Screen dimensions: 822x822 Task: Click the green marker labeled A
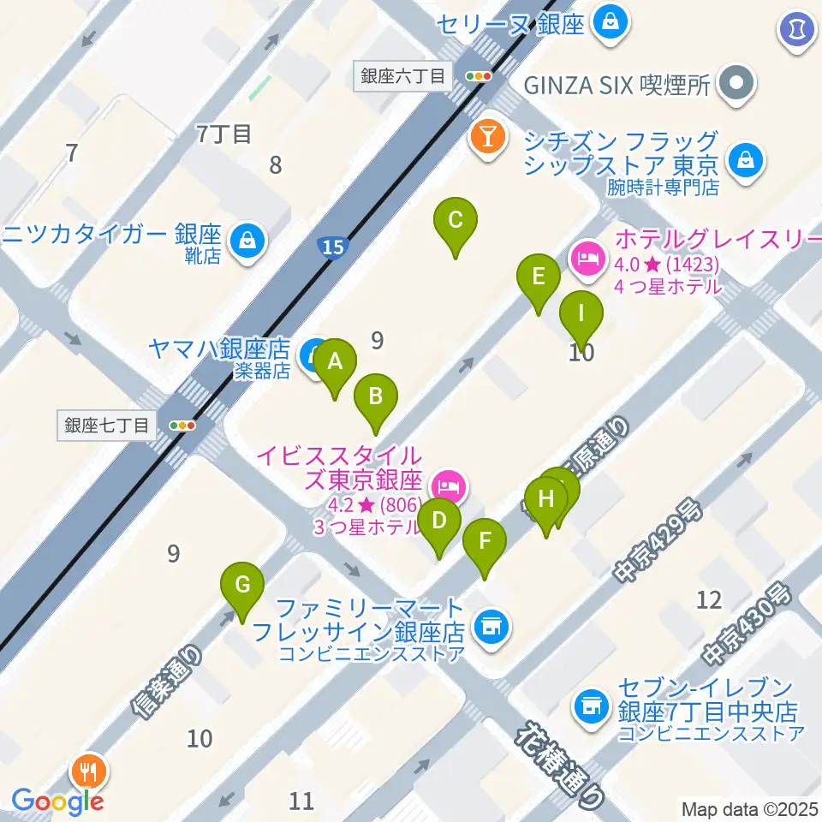(x=335, y=362)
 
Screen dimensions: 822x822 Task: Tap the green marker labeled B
(x=375, y=397)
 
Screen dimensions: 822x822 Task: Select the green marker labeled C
(x=456, y=221)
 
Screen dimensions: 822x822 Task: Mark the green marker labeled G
(x=242, y=587)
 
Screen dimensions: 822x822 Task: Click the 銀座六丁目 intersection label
(x=402, y=76)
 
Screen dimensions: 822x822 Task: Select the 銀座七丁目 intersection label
(x=107, y=425)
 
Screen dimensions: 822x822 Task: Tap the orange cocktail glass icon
(x=487, y=139)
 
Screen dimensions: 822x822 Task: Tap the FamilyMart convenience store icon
(x=491, y=627)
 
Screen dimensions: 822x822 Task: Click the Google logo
(x=57, y=801)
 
